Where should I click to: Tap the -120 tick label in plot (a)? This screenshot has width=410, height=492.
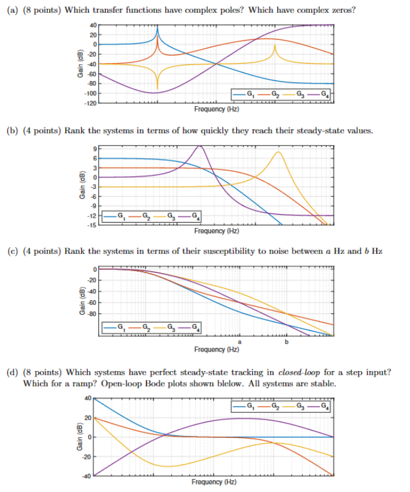tap(90, 103)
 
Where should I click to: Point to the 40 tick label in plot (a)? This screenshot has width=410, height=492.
tap(93, 24)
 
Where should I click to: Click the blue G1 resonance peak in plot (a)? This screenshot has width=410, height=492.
tap(157, 29)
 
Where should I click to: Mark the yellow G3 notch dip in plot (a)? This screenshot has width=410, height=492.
tap(157, 87)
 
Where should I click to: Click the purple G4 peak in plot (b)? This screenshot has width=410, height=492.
tap(199, 146)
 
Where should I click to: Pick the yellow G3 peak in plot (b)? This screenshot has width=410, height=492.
tap(278, 152)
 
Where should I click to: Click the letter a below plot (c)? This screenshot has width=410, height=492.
tap(239, 341)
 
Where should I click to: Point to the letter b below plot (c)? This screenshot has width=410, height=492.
tap(286, 341)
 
